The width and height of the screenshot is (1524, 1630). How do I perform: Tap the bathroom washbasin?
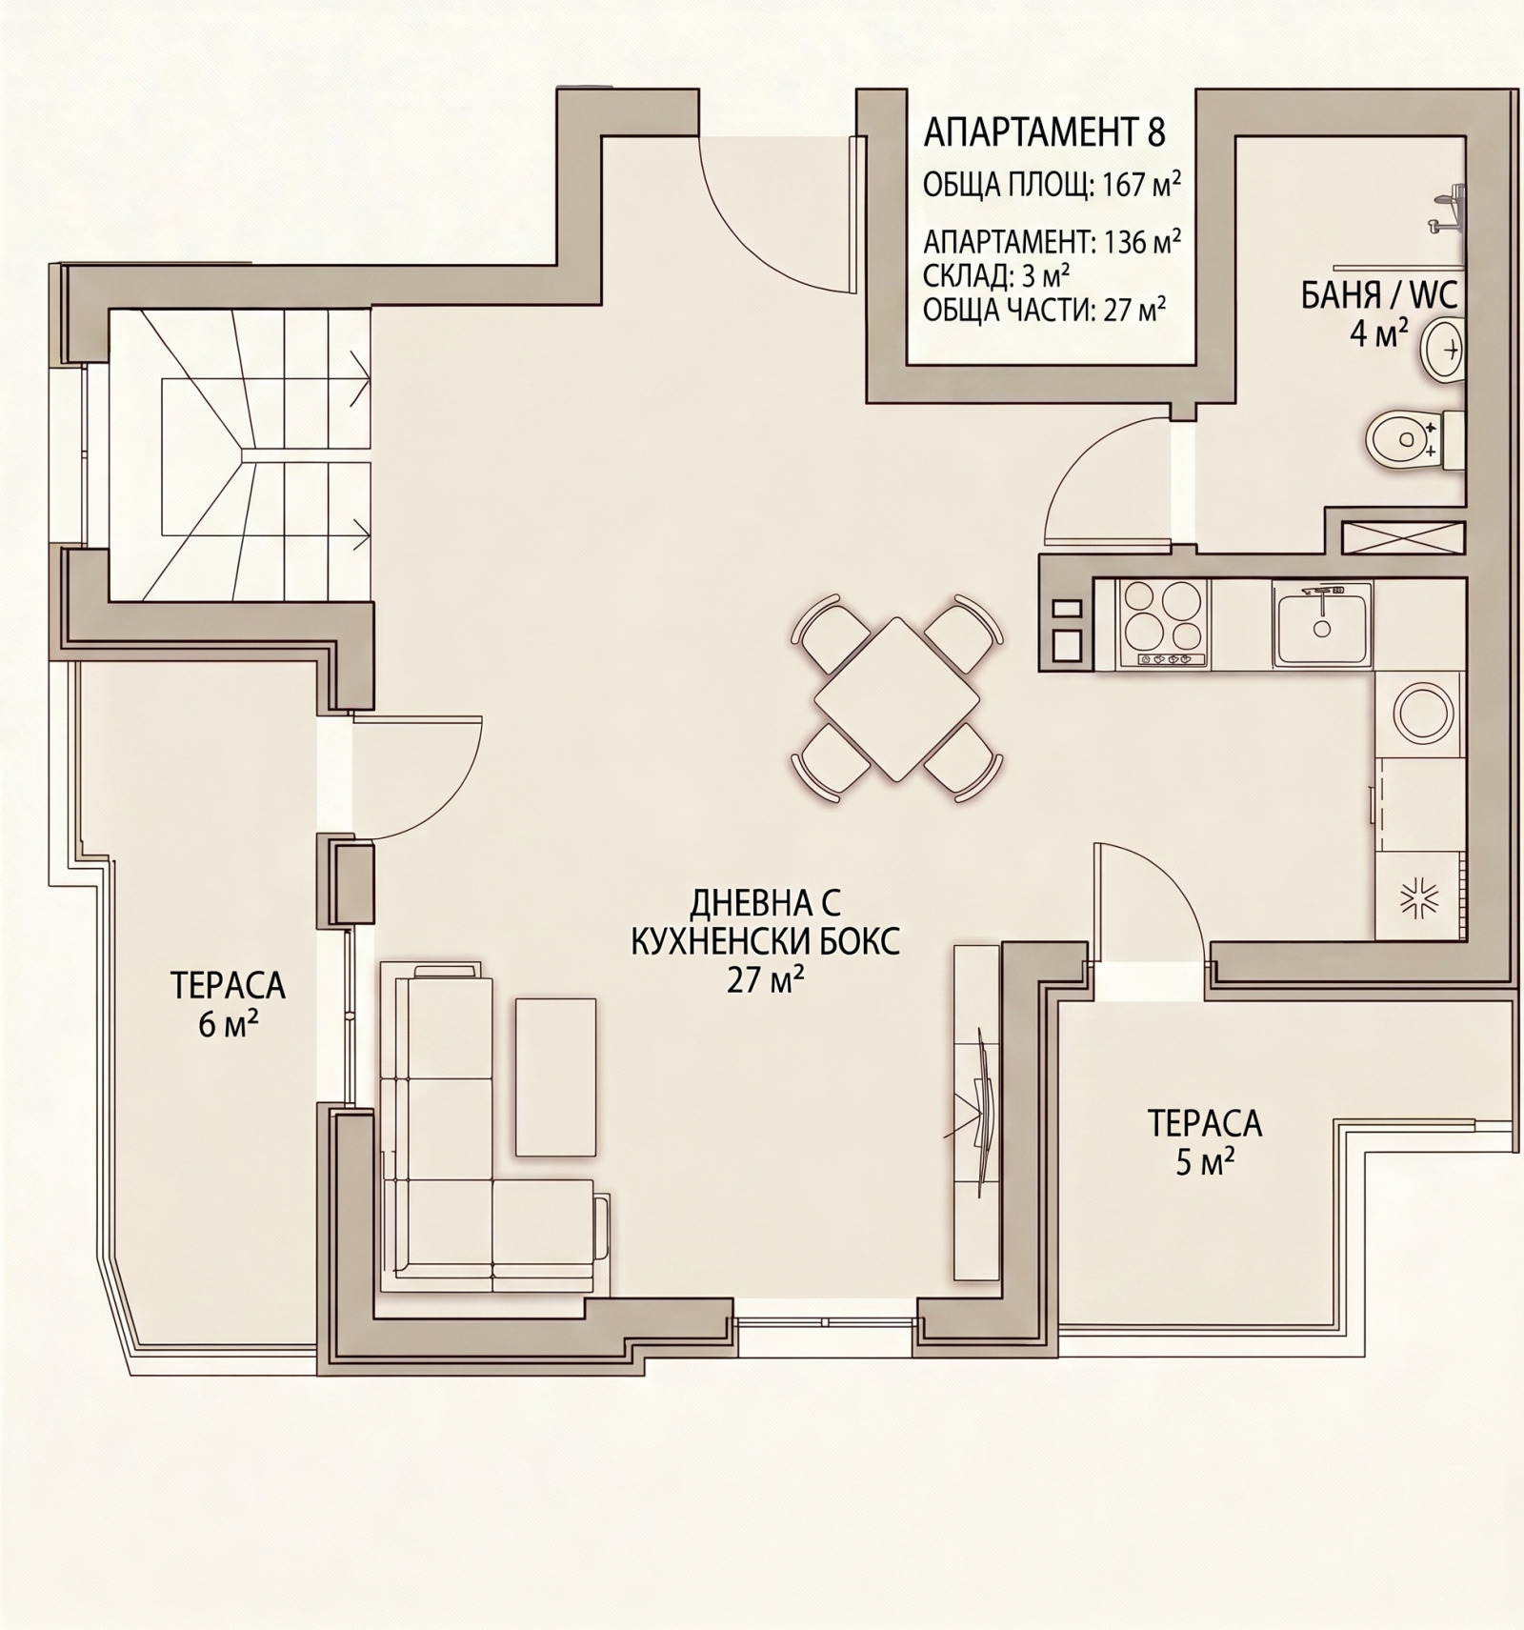click(x=1442, y=352)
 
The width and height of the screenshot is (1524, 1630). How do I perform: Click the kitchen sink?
click(x=1322, y=625)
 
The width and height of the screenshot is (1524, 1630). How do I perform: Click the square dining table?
click(x=896, y=698)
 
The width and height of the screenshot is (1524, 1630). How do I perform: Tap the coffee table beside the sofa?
click(x=556, y=1077)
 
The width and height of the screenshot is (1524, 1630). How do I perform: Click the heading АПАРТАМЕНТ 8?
click(x=1044, y=133)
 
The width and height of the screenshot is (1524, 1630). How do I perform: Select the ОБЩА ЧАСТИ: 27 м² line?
click(x=1046, y=311)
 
